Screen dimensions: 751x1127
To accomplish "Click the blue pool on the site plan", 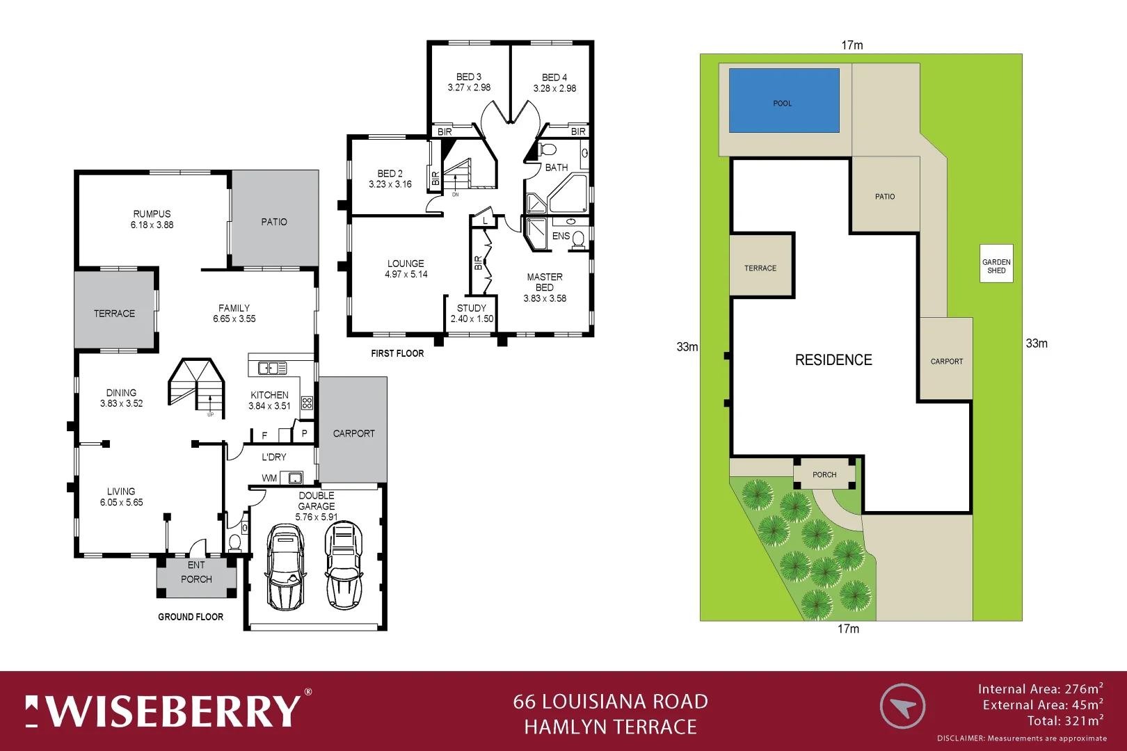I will click(x=784, y=100).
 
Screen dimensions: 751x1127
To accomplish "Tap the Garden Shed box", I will click(x=996, y=264).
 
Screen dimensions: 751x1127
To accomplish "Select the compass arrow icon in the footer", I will click(x=902, y=706).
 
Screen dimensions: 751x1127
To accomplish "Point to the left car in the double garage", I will click(x=285, y=567).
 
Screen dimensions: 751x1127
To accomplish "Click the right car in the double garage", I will click(x=344, y=565).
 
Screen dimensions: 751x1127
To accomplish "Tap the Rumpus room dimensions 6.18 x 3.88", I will click(x=152, y=225).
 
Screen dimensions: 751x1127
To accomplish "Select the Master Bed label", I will click(x=545, y=282).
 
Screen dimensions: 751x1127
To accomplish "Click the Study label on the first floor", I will click(x=472, y=308).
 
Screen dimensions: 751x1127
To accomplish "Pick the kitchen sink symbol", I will click(x=273, y=368).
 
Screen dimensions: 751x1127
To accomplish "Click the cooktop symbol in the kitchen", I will click(x=307, y=403).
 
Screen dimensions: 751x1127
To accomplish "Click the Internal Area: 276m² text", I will click(x=1040, y=689).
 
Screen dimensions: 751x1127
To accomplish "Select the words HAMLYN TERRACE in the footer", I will click(x=610, y=727).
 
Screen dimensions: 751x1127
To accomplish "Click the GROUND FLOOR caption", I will click(x=191, y=617).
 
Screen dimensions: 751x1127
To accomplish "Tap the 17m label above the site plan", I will click(x=852, y=45).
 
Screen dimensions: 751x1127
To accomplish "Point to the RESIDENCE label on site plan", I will click(x=833, y=360).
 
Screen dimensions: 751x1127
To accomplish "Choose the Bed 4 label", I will click(x=554, y=77).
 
